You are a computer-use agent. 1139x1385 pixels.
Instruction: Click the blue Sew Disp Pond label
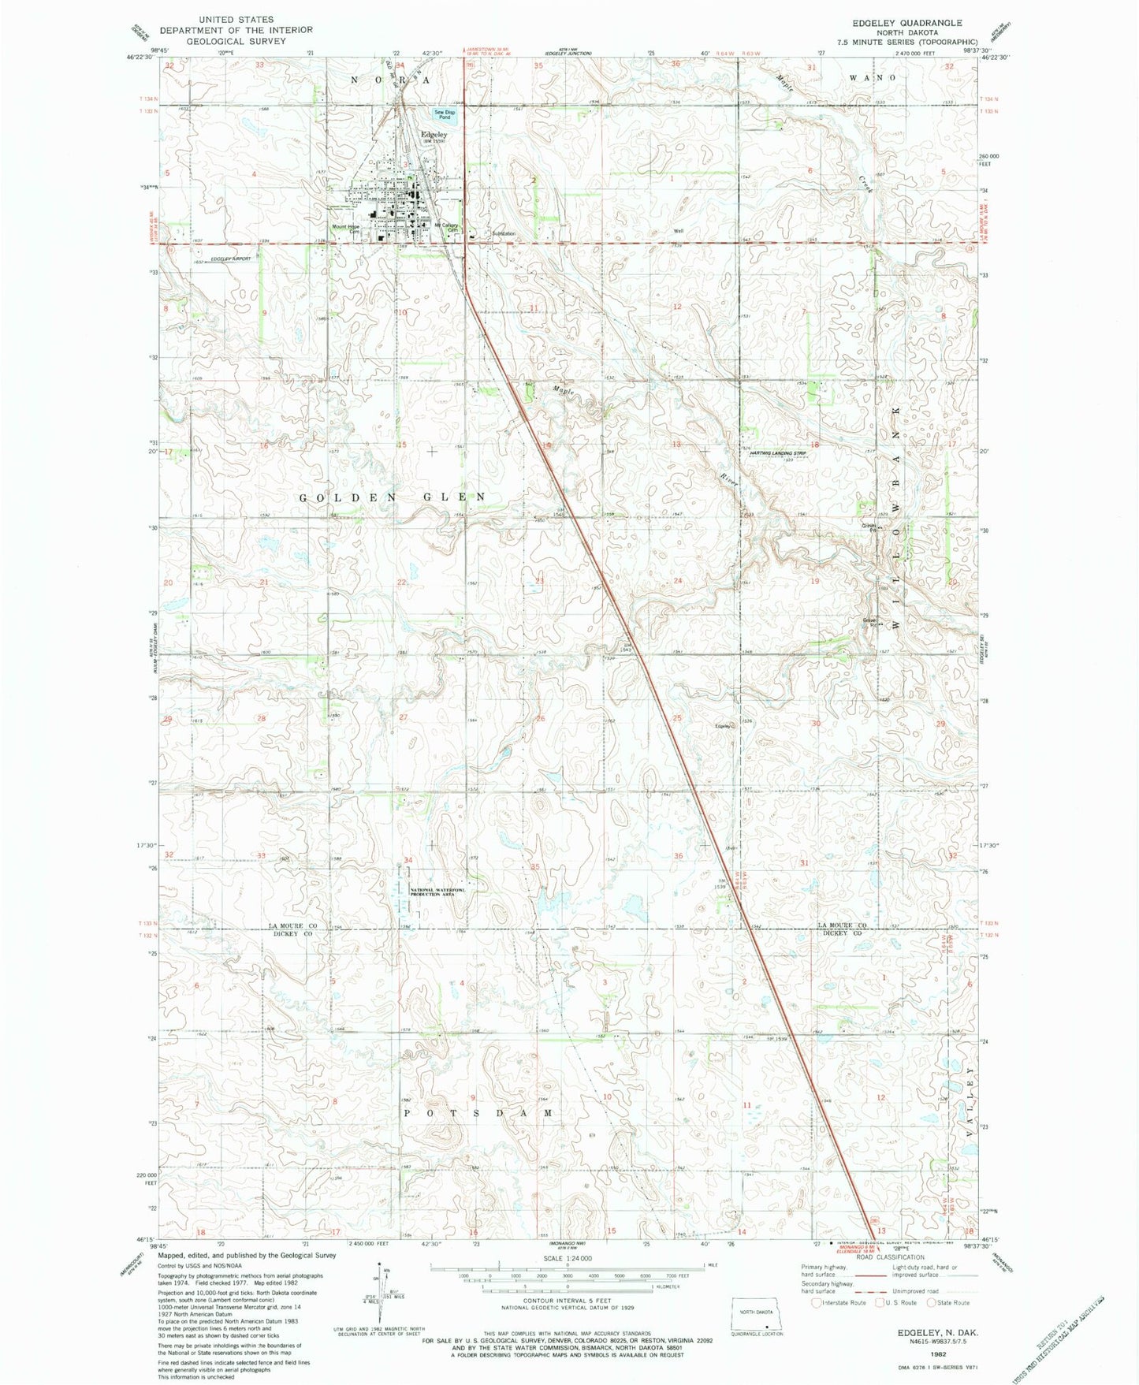tap(445, 114)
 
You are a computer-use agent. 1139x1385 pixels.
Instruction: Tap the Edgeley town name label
tap(434, 134)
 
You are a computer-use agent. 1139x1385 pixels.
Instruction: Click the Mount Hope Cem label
tap(345, 229)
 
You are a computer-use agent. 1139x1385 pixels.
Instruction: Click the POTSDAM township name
tap(478, 1112)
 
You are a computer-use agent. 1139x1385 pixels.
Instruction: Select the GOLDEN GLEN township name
tap(392, 497)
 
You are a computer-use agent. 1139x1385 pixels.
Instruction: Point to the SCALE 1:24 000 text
tap(567, 1258)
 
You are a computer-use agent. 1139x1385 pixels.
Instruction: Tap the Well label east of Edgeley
tap(677, 231)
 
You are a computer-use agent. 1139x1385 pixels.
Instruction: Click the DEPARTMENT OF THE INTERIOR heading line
tap(236, 30)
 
